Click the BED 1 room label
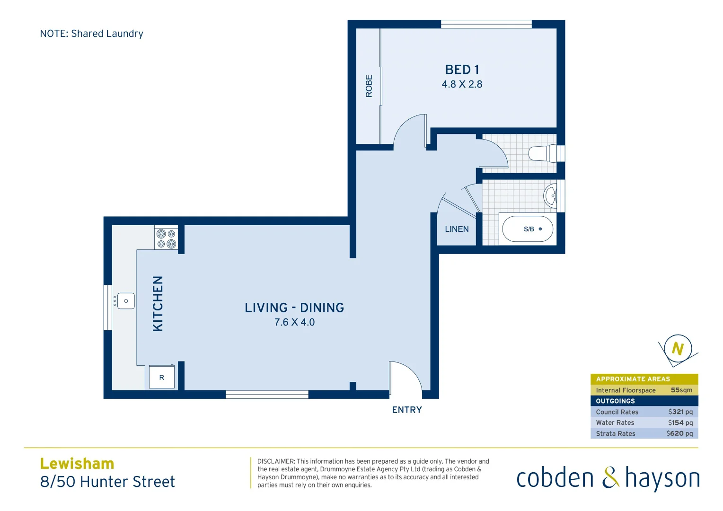462,70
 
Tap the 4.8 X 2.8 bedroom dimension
462,84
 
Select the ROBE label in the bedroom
369,86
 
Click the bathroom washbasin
551,195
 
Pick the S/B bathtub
527,229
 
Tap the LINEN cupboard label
457,229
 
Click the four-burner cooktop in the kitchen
166,238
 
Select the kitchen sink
125,301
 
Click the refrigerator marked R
162,377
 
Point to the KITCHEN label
158,303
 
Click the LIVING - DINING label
294,308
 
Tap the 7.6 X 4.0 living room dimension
294,322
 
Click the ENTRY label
407,410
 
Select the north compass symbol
678,349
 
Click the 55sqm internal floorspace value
681,390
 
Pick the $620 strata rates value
679,433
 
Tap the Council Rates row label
617,412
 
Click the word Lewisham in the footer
77,463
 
